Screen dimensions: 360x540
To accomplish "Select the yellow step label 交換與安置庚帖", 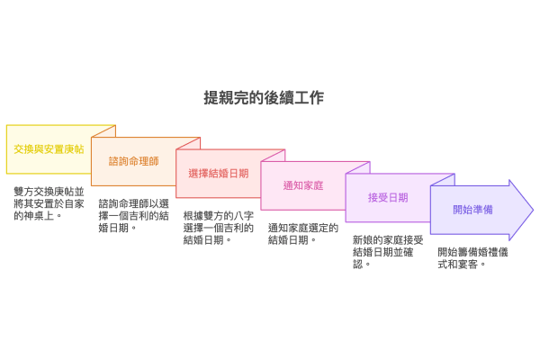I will click(49, 148).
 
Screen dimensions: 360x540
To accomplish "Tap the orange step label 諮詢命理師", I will click(133, 161).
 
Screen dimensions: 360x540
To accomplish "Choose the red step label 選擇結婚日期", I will click(219, 173).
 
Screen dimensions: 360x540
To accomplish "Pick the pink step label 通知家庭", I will click(303, 185).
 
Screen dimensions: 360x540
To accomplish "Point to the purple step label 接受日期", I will click(388, 197).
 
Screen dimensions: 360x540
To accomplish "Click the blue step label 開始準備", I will click(472, 210).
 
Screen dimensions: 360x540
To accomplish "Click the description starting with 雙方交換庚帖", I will click(49, 203).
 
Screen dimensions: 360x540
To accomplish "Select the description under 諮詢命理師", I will click(134, 215).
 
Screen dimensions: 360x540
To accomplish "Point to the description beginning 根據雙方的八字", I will click(219, 228).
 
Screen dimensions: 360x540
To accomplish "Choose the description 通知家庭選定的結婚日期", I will click(303, 234).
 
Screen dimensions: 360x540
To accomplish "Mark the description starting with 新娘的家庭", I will click(388, 252).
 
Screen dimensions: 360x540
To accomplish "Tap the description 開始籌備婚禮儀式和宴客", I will click(472, 258).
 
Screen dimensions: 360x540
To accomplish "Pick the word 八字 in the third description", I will click(244, 216).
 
